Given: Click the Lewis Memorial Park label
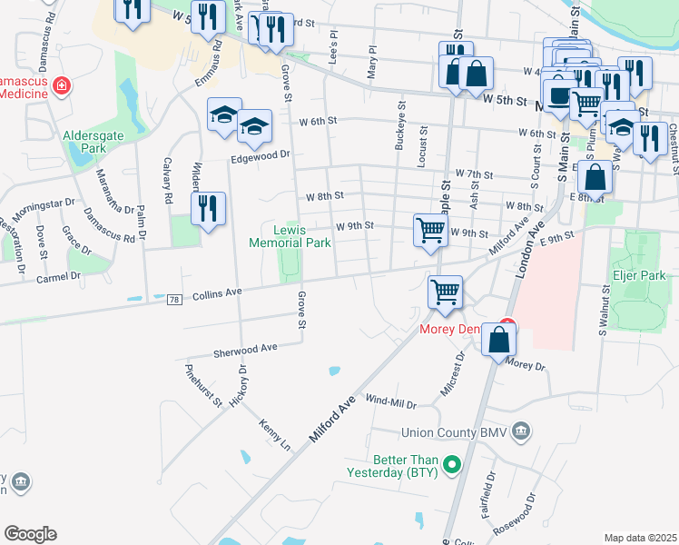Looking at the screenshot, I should [x=290, y=236].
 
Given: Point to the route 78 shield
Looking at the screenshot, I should [x=173, y=299].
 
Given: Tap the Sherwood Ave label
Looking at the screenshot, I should [x=244, y=348].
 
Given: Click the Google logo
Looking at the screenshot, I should [x=30, y=534].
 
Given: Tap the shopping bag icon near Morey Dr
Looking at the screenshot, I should [x=499, y=340].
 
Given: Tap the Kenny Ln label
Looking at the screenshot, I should [x=273, y=435].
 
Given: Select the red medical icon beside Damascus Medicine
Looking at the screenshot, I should [x=61, y=86].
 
